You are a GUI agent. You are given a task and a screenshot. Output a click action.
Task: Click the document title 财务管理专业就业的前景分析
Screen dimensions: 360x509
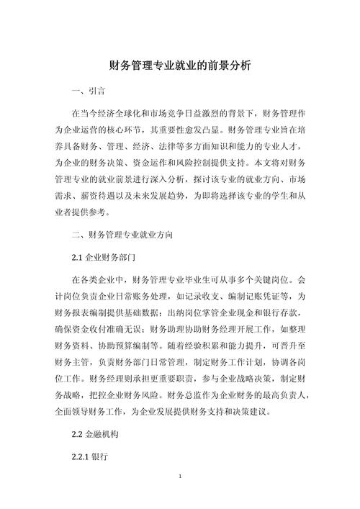(180, 65)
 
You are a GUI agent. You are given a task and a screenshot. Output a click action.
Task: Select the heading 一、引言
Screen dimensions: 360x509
(89, 92)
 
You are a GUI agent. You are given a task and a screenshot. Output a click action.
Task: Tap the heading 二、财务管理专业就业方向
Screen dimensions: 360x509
(122, 235)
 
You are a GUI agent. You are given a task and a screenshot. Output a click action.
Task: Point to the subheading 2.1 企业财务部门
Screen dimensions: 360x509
(105, 256)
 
